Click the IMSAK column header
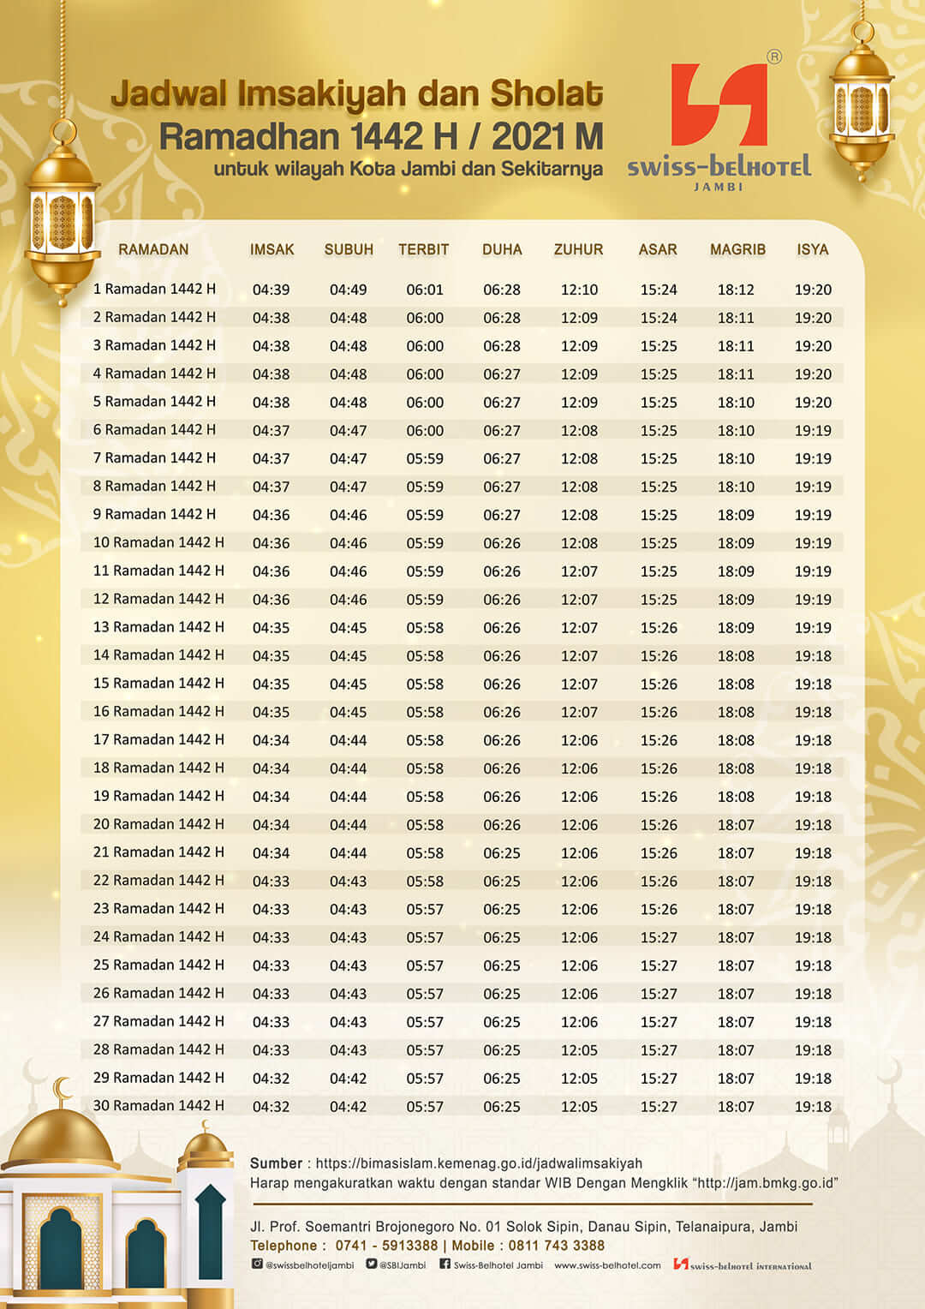(272, 249)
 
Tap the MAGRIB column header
(737, 249)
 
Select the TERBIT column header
(423, 249)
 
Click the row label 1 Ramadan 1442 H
(154, 289)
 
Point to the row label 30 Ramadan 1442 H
(158, 1106)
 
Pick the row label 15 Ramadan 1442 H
(158, 684)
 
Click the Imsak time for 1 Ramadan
(271, 290)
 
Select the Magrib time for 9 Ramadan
(736, 515)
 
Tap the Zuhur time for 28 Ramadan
(579, 1050)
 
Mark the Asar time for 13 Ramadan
(659, 628)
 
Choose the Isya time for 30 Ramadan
(813, 1107)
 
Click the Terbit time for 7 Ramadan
(425, 459)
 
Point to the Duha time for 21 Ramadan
(501, 853)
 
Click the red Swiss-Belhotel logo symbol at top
(719, 105)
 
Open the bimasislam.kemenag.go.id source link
(479, 1163)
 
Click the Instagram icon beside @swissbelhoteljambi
(257, 1264)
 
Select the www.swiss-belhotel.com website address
(607, 1265)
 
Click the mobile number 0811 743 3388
(557, 1246)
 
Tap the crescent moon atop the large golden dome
(62, 1090)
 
